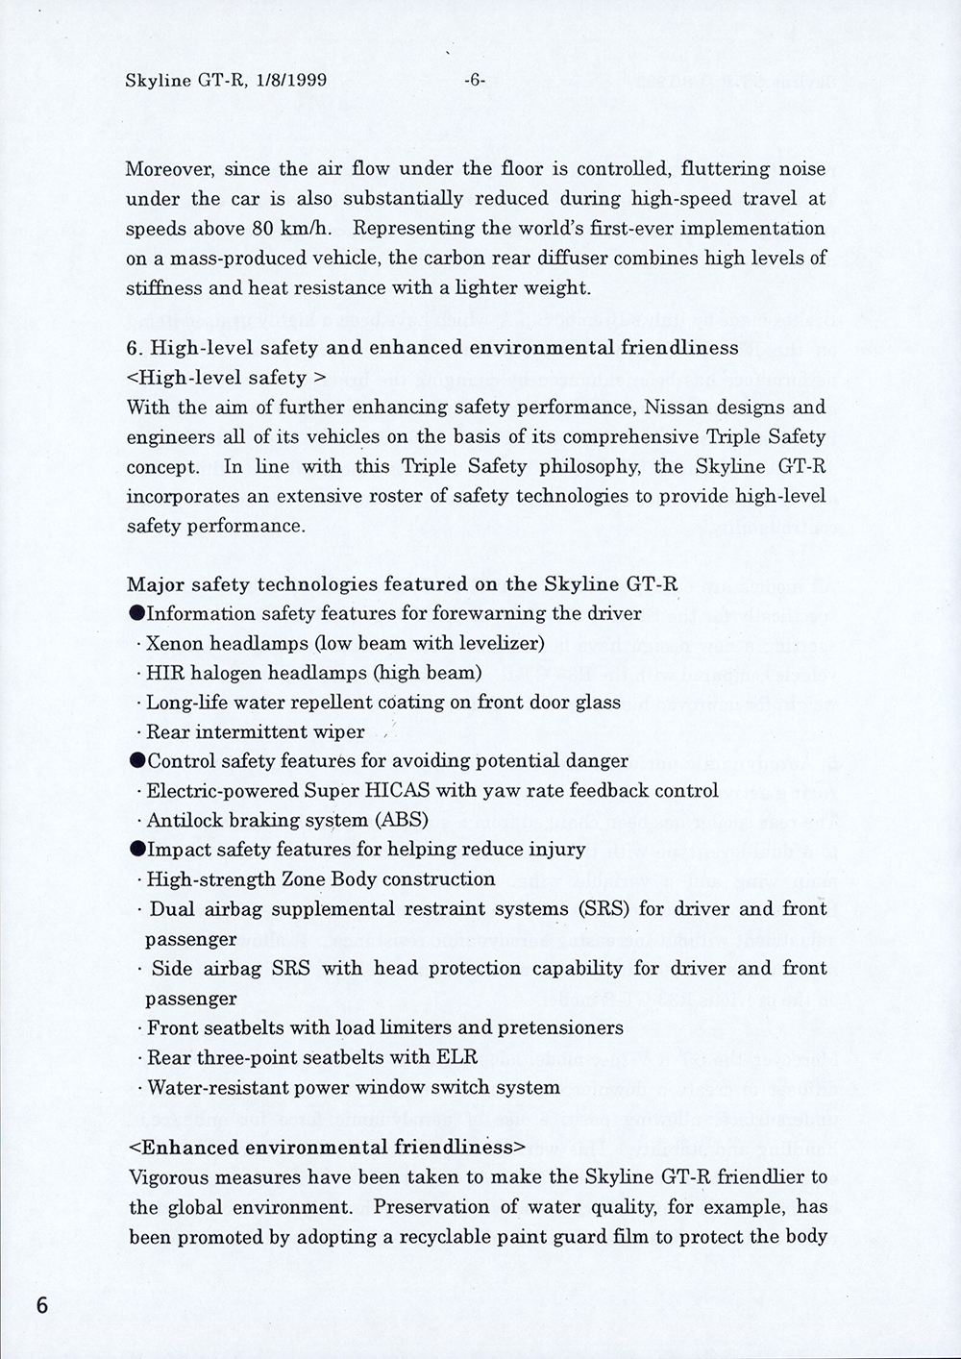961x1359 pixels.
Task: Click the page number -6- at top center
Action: (x=474, y=81)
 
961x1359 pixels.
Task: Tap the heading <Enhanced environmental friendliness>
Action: (x=327, y=1147)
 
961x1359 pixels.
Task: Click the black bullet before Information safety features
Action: (x=136, y=613)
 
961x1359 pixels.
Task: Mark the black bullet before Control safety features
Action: (x=136, y=761)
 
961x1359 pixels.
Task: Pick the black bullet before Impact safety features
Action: (x=136, y=850)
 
